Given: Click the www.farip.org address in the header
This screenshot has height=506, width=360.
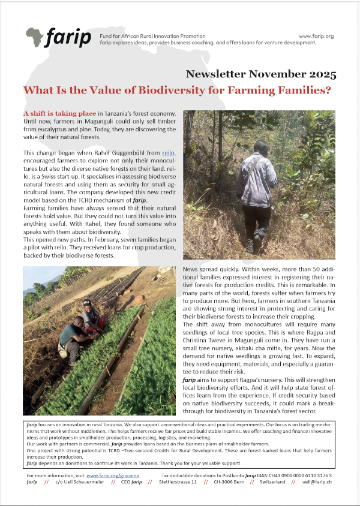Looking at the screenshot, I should (316, 37).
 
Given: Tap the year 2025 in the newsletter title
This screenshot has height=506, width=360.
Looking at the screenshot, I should (320, 75).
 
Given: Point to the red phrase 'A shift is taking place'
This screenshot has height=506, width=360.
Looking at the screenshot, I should (59, 113).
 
